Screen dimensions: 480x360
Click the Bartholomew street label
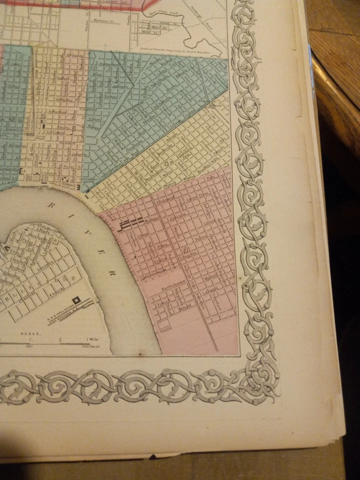tap(173, 288)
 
